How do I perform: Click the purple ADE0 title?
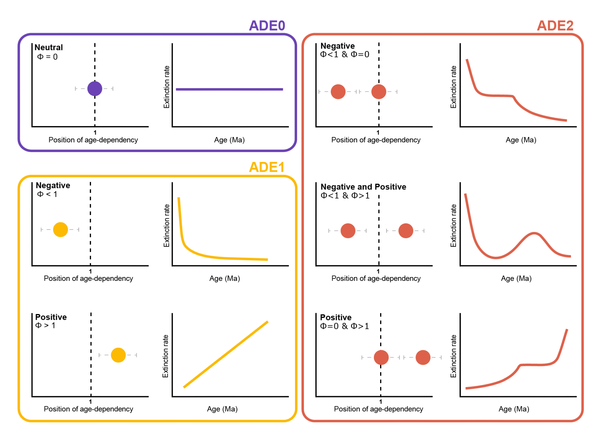click(267, 26)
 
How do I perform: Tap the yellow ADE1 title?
click(267, 167)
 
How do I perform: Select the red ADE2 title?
click(555, 26)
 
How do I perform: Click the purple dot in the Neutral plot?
click(95, 89)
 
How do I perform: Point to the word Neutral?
click(49, 47)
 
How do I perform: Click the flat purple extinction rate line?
click(229, 89)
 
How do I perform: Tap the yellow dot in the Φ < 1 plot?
click(60, 230)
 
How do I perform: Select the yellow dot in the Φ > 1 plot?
click(118, 355)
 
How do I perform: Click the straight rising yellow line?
click(226, 354)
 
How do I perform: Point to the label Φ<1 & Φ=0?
click(345, 54)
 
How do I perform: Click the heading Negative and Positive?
click(363, 187)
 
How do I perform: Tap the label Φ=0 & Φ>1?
click(345, 326)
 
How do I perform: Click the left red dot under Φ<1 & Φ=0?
click(338, 92)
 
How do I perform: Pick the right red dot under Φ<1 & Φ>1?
click(406, 231)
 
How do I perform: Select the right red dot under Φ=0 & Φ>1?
click(423, 357)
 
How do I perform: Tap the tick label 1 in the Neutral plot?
click(95, 133)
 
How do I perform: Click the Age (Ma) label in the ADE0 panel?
click(229, 140)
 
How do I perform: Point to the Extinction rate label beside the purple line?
click(167, 87)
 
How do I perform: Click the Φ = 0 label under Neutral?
click(47, 57)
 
